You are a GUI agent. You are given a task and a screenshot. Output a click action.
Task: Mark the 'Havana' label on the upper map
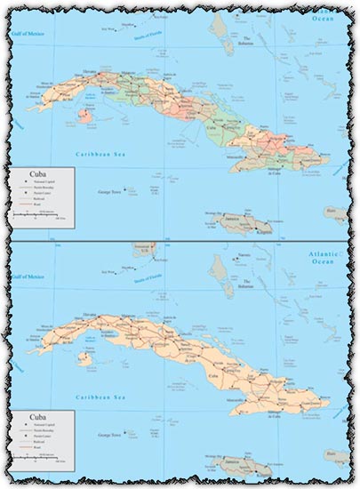[x=89, y=72]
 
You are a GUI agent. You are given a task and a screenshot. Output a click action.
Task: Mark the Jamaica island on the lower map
[x=233, y=465]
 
